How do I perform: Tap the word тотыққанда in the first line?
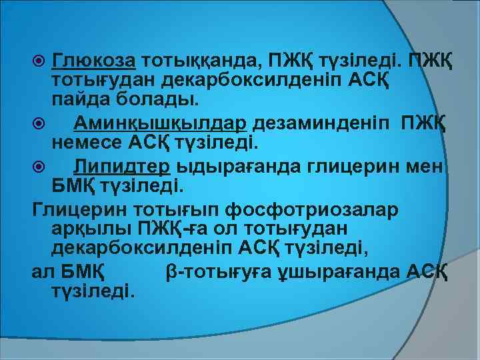(x=200, y=63)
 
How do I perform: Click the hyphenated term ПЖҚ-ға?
(x=169, y=231)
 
